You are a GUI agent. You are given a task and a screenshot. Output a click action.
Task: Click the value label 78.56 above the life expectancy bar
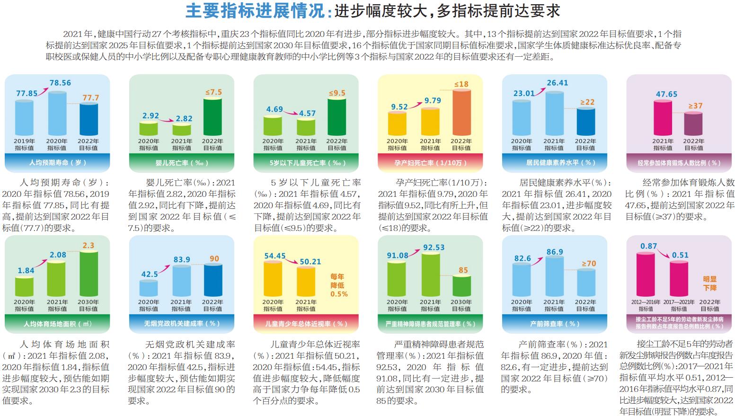(60, 83)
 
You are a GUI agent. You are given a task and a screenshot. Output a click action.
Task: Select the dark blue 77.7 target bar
(89, 119)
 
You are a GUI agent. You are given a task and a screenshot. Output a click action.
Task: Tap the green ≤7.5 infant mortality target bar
(213, 117)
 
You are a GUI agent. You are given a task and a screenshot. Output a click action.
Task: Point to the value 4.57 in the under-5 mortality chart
(307, 114)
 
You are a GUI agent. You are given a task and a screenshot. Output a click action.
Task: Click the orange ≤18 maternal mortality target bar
(461, 113)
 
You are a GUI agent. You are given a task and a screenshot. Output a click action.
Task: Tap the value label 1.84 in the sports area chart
(26, 271)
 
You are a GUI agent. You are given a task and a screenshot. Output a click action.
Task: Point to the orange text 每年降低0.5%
(338, 285)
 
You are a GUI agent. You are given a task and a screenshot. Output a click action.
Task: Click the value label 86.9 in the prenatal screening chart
(555, 252)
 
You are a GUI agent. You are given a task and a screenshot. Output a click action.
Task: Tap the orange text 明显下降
(709, 283)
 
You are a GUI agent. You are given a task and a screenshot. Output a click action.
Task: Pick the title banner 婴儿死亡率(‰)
(181, 163)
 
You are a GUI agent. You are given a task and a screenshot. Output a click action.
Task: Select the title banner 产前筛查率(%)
(554, 324)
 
